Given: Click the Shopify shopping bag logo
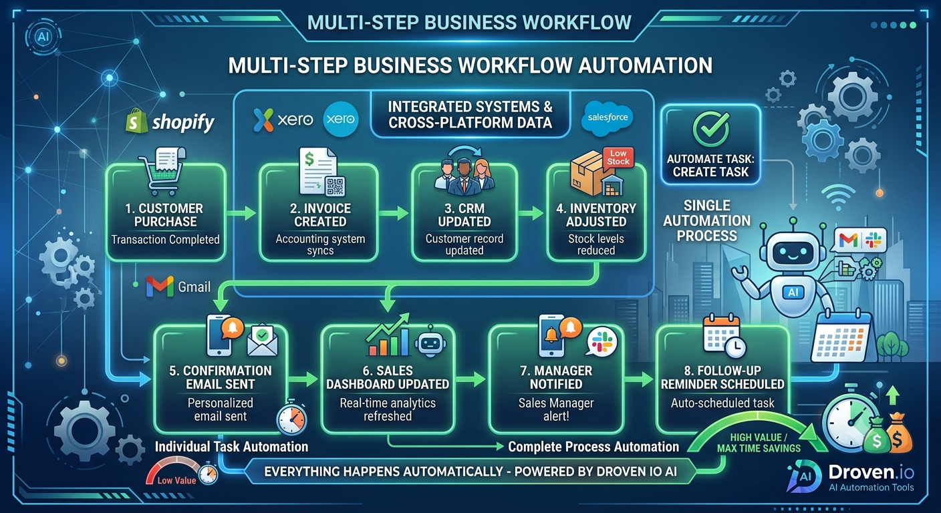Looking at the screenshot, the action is coord(137,121).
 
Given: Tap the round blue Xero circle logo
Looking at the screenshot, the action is coord(341,119).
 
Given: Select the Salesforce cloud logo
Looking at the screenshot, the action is coord(608,118).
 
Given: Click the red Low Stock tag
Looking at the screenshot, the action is coord(618,158).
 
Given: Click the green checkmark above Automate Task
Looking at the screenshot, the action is coord(711,128).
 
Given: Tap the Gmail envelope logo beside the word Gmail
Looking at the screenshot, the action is coord(160,287).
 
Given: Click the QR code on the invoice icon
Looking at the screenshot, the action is coord(335,186).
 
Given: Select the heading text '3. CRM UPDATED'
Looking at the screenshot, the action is coord(464,215).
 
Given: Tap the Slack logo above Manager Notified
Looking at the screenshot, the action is coord(602,341).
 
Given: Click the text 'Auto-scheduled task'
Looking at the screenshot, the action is coord(722,403).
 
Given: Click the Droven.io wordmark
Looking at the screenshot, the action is coord(871,473).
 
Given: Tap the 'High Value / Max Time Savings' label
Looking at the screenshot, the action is coord(759,443).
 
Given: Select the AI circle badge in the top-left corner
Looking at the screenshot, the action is coord(43,37).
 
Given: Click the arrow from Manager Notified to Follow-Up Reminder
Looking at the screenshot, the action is coord(638,379).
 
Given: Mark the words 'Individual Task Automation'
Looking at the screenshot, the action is coord(231,447).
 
